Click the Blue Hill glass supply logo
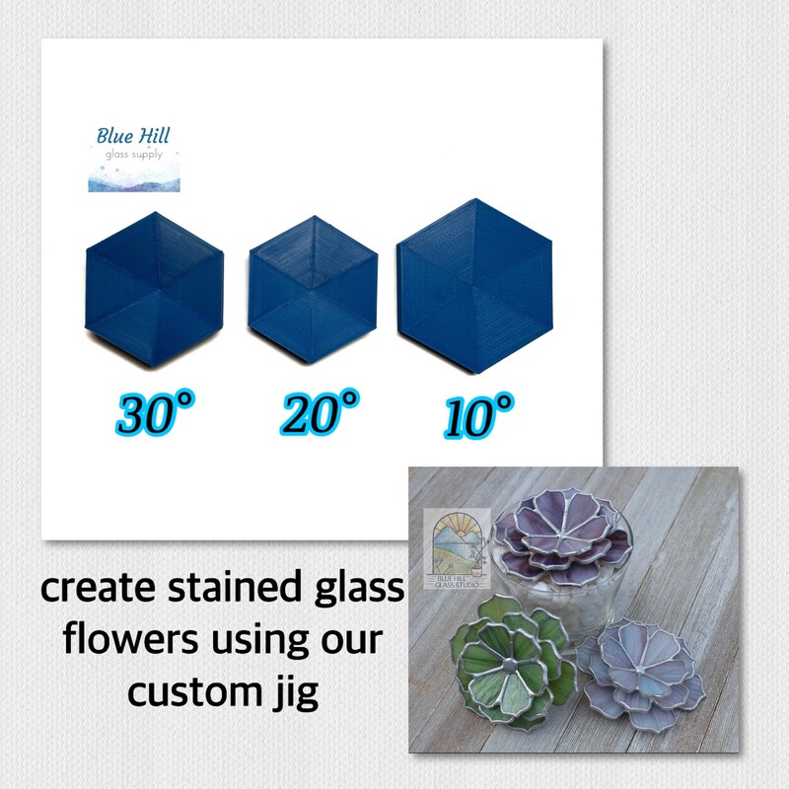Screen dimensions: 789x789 click(x=133, y=156)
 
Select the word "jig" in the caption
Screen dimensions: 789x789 click(x=297, y=693)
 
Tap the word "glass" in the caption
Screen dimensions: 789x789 click(x=357, y=591)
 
